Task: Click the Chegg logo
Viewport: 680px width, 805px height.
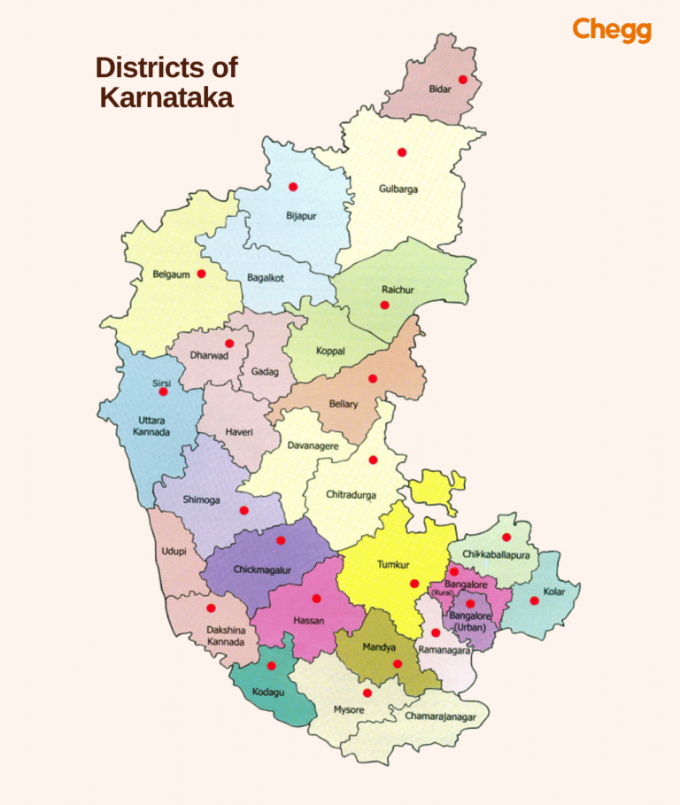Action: click(x=612, y=30)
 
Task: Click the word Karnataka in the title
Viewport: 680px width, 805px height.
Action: click(x=166, y=97)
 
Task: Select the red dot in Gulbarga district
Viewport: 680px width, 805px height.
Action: click(x=401, y=152)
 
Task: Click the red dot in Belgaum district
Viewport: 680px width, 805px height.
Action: click(x=201, y=274)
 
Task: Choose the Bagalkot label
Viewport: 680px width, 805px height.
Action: click(x=265, y=278)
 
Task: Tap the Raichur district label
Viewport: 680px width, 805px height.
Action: click(x=398, y=290)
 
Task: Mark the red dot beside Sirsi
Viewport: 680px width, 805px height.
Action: click(x=163, y=391)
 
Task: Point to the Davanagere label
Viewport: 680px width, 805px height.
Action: click(x=313, y=446)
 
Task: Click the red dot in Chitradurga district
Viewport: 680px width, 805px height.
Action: click(x=373, y=460)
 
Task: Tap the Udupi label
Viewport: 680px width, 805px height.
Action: click(x=174, y=551)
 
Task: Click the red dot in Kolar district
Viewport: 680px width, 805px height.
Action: click(x=534, y=600)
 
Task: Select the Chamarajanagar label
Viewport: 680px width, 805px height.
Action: click(x=440, y=716)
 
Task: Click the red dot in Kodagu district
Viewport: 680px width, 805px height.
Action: click(x=271, y=666)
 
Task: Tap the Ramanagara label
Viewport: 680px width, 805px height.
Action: click(x=443, y=649)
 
